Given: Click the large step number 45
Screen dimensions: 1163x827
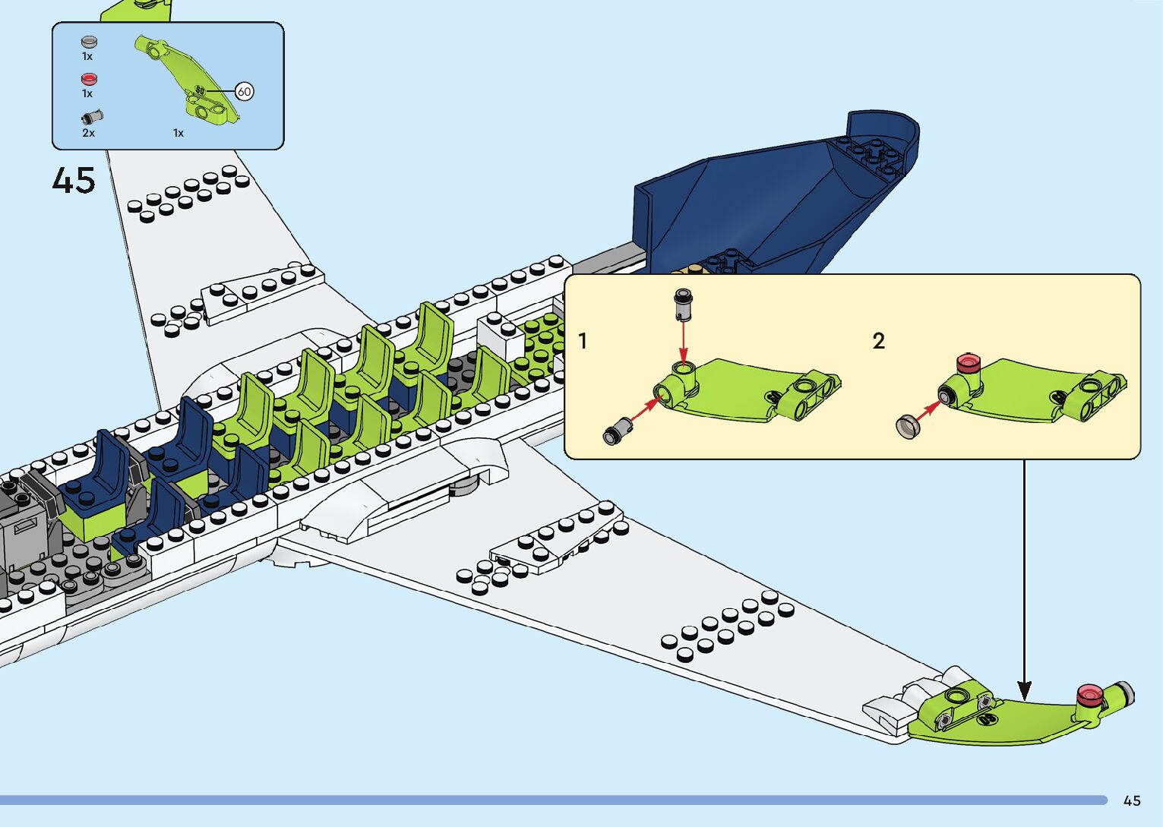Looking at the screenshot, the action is click(74, 181).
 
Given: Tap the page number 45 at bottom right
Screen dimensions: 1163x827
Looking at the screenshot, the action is click(1131, 800).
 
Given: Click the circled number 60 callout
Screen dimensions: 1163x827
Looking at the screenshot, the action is click(244, 92).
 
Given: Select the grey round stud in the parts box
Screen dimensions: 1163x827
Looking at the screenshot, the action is click(89, 42).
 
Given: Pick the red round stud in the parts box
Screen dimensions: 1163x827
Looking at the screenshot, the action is click(89, 79).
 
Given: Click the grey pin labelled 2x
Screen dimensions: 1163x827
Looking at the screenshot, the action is click(92, 117).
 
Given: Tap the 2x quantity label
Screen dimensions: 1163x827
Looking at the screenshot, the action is click(88, 133).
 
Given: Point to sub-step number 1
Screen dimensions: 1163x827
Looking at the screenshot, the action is click(583, 341).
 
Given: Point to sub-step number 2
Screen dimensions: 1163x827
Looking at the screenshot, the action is click(878, 341).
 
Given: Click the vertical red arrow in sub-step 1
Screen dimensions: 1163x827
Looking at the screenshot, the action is click(683, 342).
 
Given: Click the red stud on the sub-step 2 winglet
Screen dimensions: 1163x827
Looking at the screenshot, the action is click(968, 362).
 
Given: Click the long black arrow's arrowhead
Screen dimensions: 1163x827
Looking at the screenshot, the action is click(1024, 690).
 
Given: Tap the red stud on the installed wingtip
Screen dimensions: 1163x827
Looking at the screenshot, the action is click(1089, 693).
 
